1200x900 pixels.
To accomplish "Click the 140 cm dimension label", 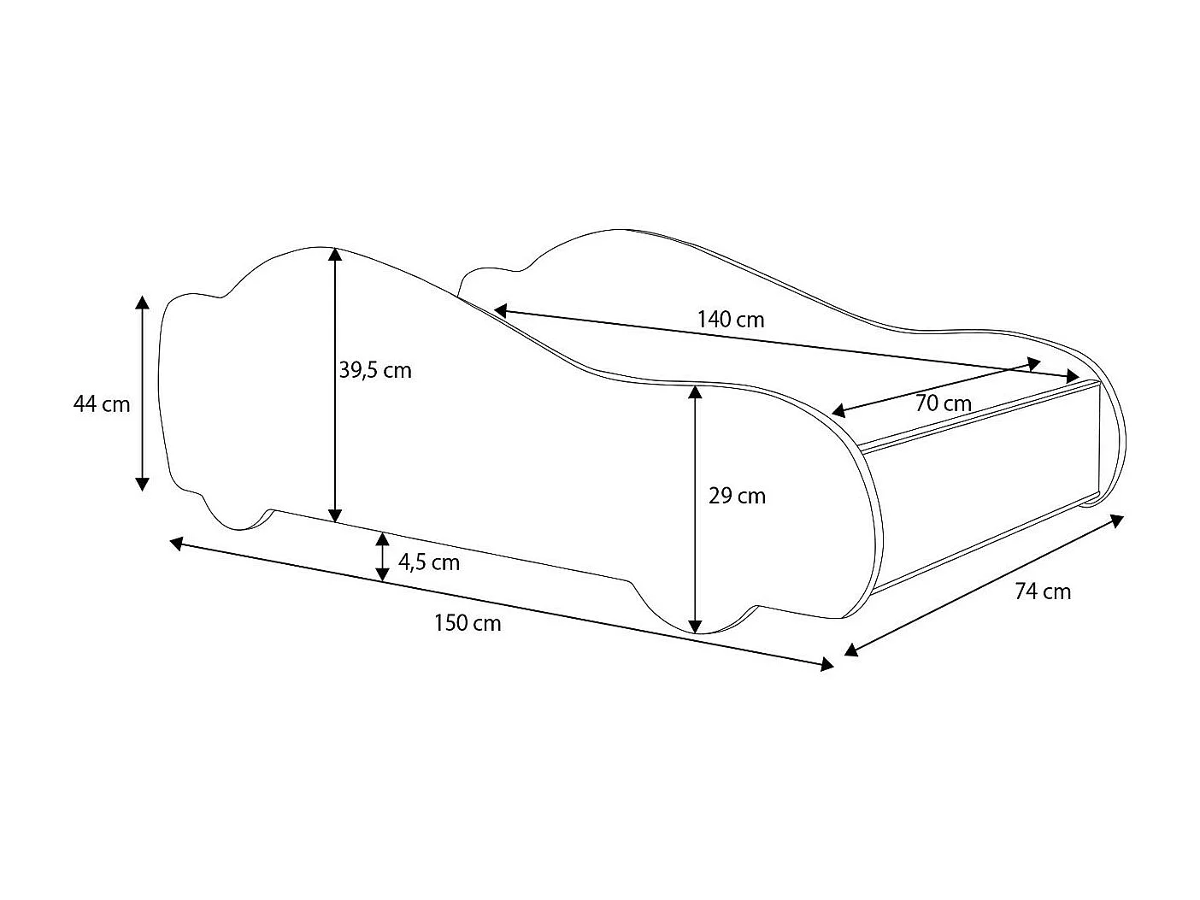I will [x=731, y=321].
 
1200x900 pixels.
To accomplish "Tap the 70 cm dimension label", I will [x=943, y=403].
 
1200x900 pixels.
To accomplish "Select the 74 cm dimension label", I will [x=1043, y=591].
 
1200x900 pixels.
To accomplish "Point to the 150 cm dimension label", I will [x=468, y=623].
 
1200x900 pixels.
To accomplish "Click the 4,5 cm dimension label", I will [x=428, y=562].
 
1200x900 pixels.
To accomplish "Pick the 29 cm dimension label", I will [x=737, y=496].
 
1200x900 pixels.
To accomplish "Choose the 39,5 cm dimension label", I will [x=375, y=370].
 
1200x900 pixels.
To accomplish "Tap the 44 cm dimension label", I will [x=102, y=403].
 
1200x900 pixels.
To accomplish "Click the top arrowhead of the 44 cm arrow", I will [x=143, y=303].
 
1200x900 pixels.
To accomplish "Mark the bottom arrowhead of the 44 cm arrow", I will [x=143, y=484].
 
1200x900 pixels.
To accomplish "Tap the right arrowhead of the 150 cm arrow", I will [x=826, y=664].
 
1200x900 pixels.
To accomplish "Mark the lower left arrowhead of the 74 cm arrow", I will [x=850, y=650].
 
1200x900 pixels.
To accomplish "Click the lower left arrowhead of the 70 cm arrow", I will [x=838, y=411].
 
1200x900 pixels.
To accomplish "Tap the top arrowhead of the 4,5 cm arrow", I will [x=382, y=538].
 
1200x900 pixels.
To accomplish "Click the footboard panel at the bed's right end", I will [x=983, y=487].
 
